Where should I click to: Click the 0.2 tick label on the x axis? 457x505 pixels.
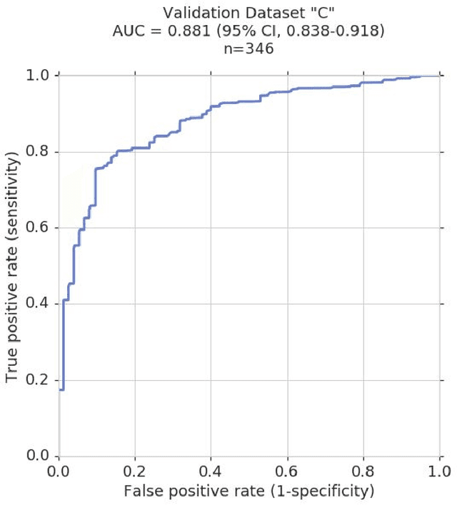(134, 471)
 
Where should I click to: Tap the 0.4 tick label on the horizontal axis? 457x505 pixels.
(211, 471)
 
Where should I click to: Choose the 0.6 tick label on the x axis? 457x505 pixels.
(287, 471)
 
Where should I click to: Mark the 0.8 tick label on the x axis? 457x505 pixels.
(363, 471)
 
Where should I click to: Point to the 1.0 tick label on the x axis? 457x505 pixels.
(438, 471)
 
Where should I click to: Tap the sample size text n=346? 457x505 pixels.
(248, 50)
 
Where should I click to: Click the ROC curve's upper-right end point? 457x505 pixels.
(438, 76)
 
